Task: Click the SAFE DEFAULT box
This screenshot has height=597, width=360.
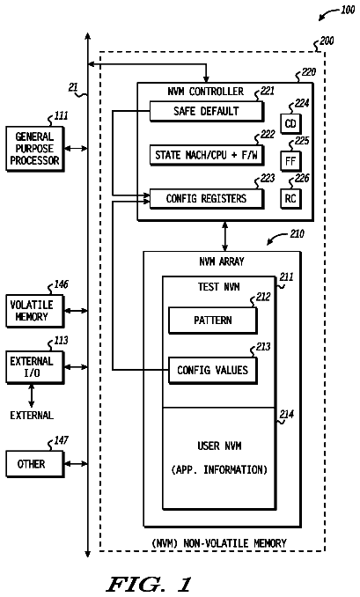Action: [x=206, y=111]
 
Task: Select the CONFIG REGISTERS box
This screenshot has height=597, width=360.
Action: [x=206, y=198]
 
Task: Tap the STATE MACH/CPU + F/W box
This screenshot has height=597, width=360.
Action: [x=206, y=155]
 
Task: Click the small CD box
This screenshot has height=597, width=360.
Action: [x=290, y=123]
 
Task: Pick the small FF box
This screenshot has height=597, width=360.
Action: [x=290, y=161]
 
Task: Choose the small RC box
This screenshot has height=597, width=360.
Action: [x=290, y=198]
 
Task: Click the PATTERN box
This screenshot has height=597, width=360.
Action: [x=213, y=321]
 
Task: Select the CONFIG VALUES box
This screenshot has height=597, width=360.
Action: [x=213, y=370]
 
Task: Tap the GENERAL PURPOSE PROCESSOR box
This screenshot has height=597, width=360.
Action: [x=35, y=149]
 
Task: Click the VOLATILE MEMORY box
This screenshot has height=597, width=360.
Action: [x=35, y=311]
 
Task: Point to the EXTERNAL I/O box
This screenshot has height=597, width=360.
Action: [x=35, y=367]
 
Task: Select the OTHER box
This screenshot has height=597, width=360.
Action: [x=35, y=464]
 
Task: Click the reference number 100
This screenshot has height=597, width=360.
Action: [x=348, y=10]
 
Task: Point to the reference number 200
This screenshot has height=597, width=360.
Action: [x=327, y=41]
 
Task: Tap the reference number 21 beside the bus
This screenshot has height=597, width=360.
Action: [x=73, y=87]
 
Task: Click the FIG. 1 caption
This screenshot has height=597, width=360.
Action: [x=149, y=584]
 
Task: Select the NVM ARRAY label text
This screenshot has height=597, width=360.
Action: [x=222, y=262]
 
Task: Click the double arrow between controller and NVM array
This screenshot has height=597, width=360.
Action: [x=225, y=236]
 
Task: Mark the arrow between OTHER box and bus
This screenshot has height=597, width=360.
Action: [x=76, y=464]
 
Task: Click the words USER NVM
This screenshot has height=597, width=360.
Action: [x=219, y=446]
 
